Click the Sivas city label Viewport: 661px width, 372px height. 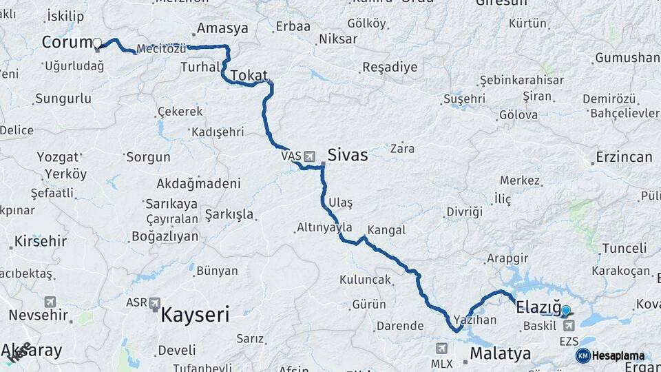coord(348,156)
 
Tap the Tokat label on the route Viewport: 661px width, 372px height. coord(249,75)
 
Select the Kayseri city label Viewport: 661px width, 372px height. coord(195,316)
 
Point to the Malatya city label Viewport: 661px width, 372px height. coord(501,354)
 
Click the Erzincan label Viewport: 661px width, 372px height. coord(625,157)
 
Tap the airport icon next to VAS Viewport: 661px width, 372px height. coord(309,156)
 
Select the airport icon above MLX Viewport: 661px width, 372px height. coord(441,349)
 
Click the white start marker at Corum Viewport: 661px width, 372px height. coord(97,43)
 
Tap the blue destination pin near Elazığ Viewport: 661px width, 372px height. coord(566,311)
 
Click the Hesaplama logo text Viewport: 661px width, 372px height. coord(618,355)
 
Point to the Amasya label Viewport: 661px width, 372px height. coord(222,28)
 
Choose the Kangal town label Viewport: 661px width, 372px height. coord(386,230)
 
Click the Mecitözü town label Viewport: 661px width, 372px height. coord(162,49)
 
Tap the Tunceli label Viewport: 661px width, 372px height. coord(625,248)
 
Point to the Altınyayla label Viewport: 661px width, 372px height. coord(325,227)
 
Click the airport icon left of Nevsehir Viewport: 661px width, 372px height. coord(50,302)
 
